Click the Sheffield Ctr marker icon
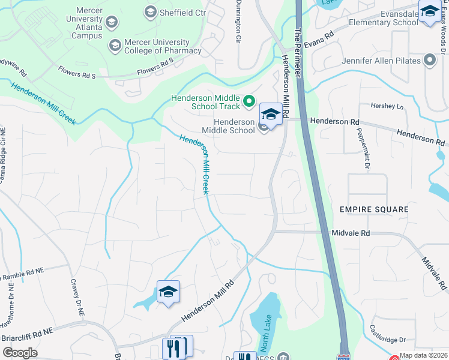click(150, 11)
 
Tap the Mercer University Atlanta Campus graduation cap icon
click(111, 23)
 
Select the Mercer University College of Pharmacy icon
click(114, 46)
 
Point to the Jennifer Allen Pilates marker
click(429, 60)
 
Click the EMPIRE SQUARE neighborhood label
click(373, 209)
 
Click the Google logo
click(20, 352)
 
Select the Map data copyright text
click(424, 355)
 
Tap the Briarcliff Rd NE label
click(27, 331)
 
